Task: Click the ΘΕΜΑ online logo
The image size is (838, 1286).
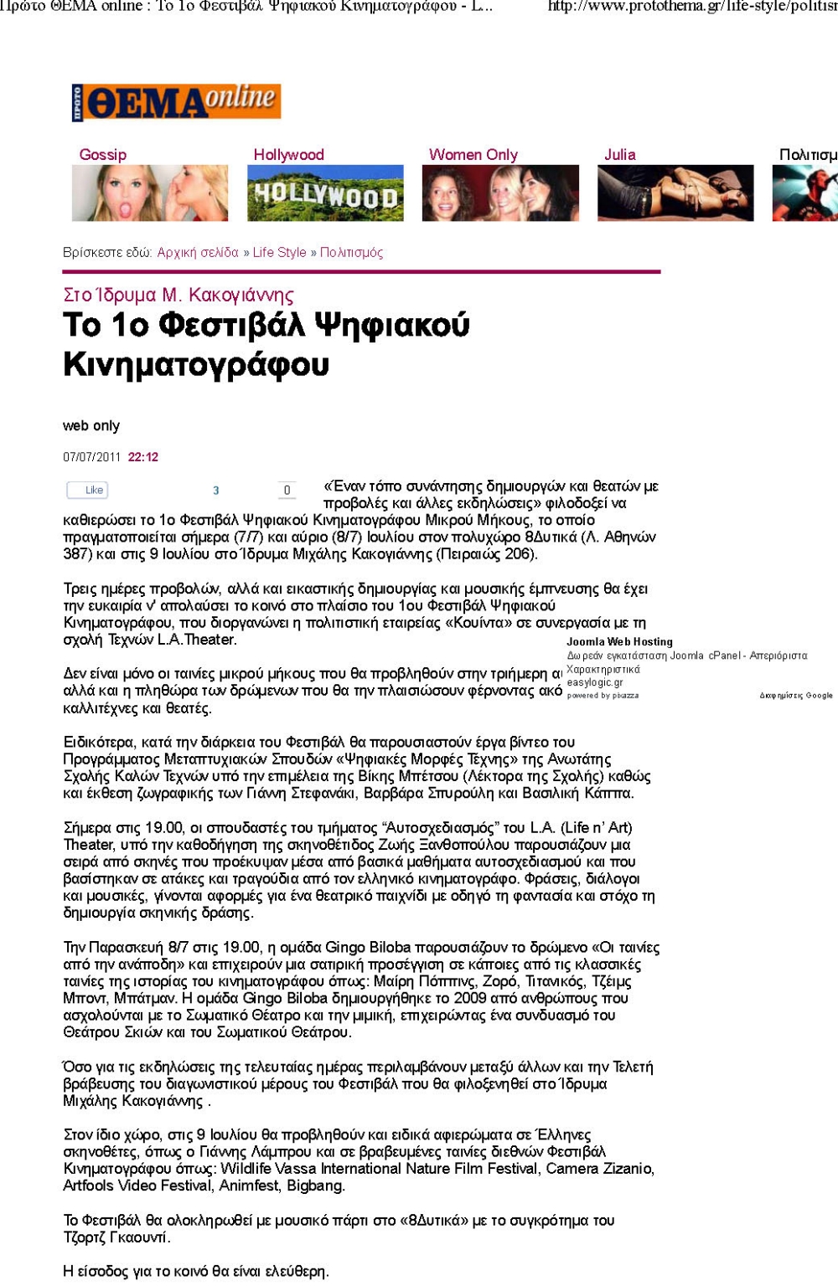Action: coord(176,102)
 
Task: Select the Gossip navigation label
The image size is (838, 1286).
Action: coord(103,155)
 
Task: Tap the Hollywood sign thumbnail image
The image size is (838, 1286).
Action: coord(325,193)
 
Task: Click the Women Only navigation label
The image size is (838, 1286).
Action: coord(473,155)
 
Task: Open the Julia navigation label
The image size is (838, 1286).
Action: coord(619,155)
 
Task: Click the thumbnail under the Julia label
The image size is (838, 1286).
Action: coord(675,193)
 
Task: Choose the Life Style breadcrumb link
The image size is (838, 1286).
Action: coord(279,253)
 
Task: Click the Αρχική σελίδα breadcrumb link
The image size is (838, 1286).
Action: coord(198,253)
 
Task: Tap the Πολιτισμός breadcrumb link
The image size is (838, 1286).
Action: coord(351,253)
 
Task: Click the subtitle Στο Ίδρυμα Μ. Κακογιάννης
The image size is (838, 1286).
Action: coord(178,296)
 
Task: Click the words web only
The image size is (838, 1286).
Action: coord(91,426)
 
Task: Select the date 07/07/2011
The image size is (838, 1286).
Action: coord(92,457)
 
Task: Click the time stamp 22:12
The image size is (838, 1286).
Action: coord(142,457)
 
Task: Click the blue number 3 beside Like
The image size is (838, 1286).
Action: coord(215,491)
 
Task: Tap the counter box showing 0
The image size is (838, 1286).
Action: coord(287,491)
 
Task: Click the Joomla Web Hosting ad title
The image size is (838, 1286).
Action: coord(619,642)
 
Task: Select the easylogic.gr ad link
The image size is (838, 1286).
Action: coord(595,683)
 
